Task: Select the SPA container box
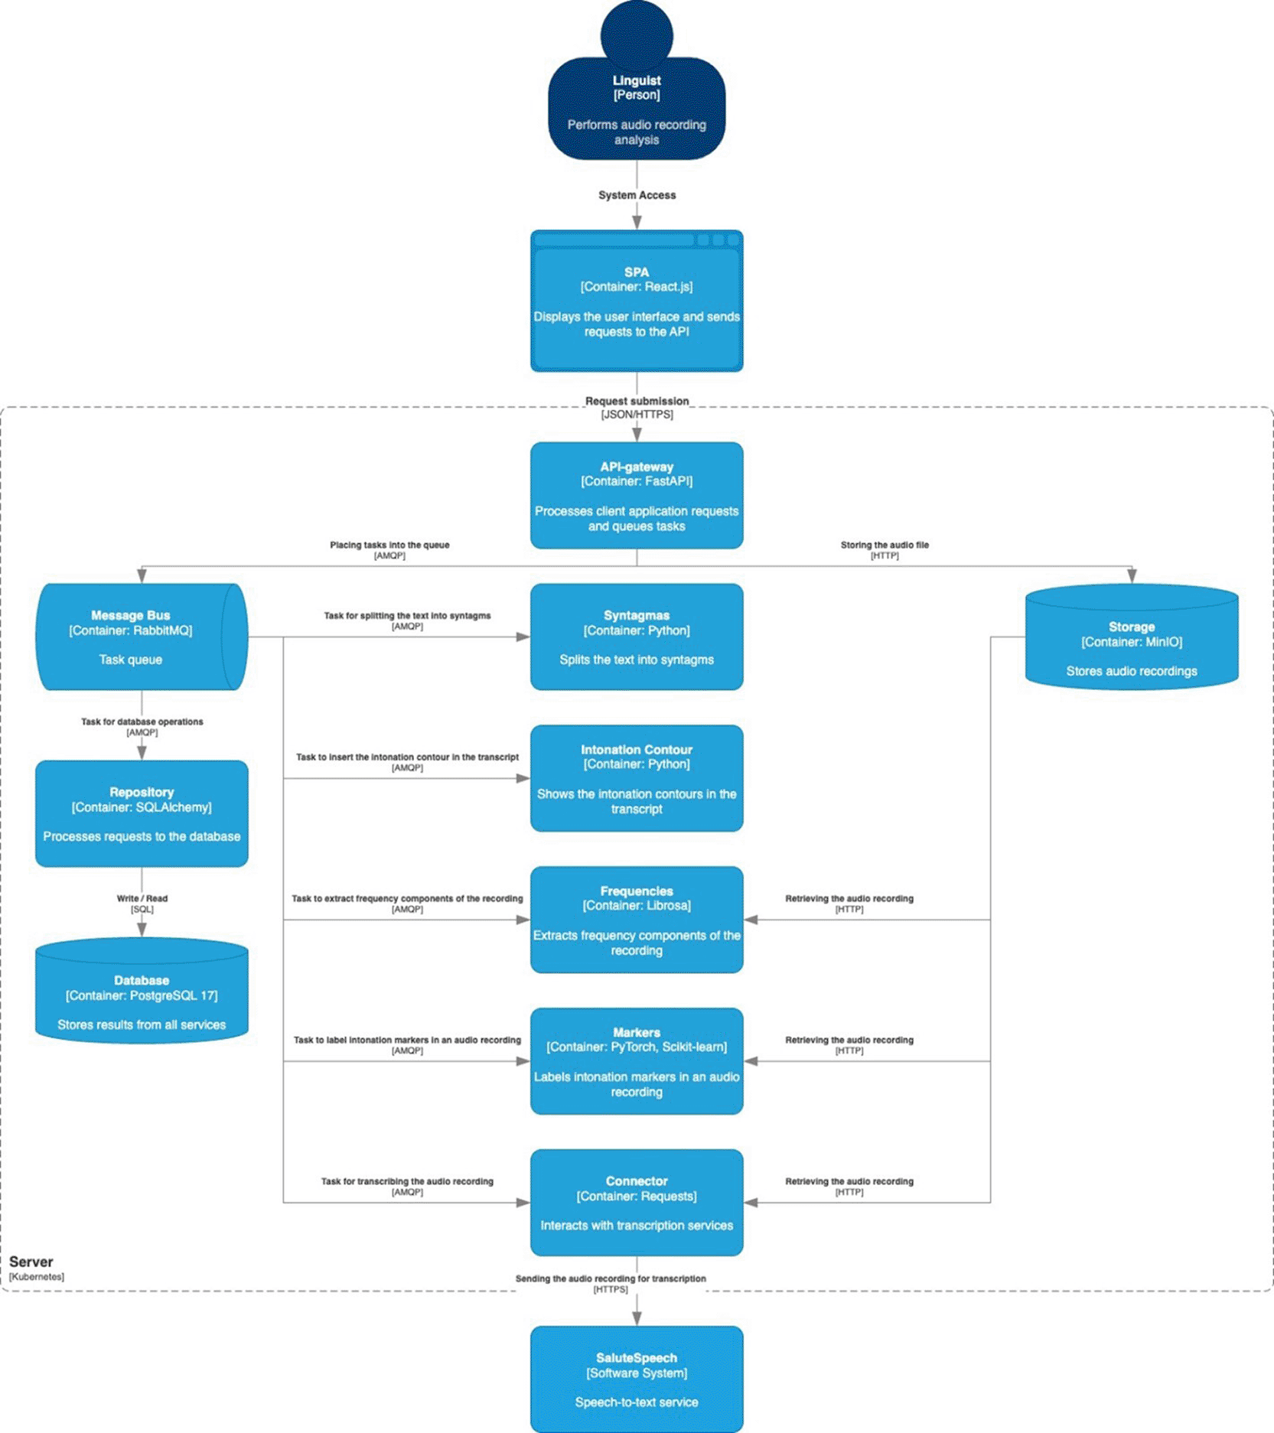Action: click(x=637, y=301)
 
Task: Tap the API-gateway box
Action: click(x=637, y=496)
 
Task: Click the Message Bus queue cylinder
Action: click(x=142, y=637)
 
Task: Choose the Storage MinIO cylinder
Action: click(x=1132, y=637)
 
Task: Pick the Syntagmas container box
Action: click(x=637, y=637)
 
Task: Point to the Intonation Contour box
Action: click(x=637, y=778)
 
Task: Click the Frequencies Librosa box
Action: click(x=637, y=920)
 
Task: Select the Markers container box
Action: click(x=637, y=1061)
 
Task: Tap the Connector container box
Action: click(x=637, y=1203)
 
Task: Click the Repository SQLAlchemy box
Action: click(x=142, y=814)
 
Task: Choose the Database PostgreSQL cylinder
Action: click(x=142, y=991)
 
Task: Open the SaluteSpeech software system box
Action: click(x=637, y=1379)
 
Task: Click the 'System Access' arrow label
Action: click(x=637, y=195)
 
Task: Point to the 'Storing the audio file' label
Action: click(x=885, y=545)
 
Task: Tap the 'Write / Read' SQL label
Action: click(x=142, y=898)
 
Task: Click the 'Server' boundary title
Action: click(x=31, y=1262)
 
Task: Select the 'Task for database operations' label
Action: click(x=142, y=721)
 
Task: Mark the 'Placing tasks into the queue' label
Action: click(x=389, y=545)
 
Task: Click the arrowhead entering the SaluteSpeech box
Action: click(x=637, y=1318)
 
